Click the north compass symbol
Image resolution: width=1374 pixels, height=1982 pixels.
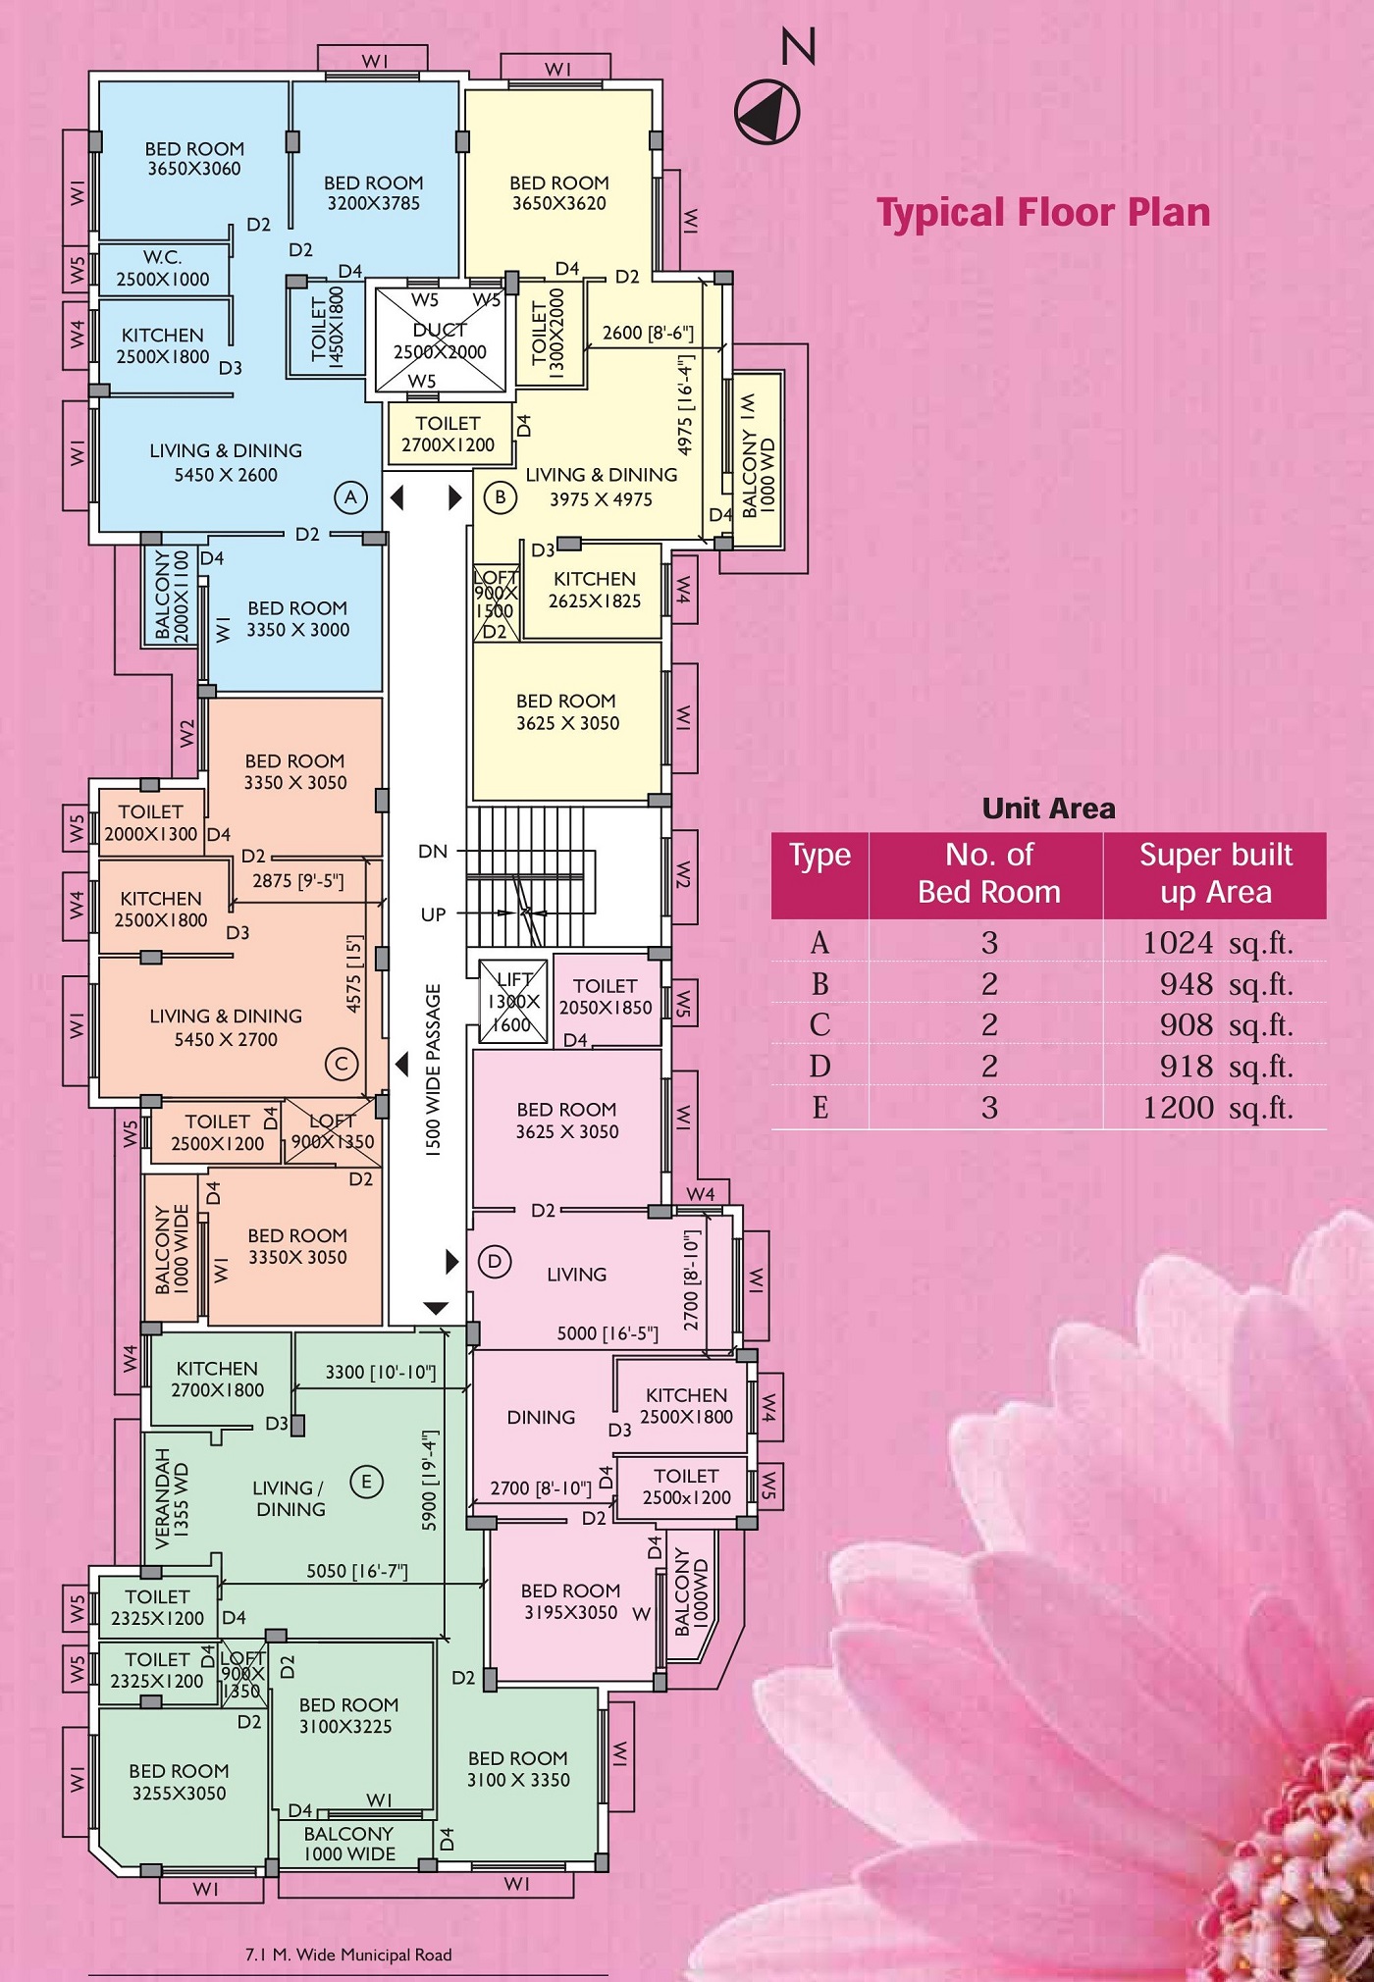[767, 112]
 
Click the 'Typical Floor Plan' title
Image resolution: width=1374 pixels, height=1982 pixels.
[1043, 213]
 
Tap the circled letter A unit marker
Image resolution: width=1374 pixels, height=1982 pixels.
[350, 497]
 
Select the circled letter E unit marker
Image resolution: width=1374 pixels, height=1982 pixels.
[366, 1482]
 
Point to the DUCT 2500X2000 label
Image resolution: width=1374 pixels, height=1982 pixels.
[440, 340]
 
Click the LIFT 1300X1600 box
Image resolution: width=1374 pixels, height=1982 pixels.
[513, 1002]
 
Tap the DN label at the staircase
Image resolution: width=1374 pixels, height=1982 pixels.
[433, 852]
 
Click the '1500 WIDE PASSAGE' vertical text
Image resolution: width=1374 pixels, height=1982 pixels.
[433, 1070]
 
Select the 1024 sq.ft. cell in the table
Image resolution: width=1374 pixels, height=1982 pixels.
[1217, 943]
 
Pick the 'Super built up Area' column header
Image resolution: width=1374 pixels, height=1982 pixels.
[1215, 873]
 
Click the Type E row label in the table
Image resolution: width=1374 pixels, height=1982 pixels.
[819, 1108]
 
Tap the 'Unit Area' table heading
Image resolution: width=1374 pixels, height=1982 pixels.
[1048, 808]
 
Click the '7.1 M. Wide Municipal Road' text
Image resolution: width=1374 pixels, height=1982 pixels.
[348, 1955]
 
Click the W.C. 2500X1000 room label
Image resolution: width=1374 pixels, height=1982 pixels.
[163, 268]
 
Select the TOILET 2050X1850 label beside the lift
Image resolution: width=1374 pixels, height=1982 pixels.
[606, 996]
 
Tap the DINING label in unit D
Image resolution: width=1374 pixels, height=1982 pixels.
[541, 1418]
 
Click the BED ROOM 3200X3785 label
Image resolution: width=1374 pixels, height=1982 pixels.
[374, 193]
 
